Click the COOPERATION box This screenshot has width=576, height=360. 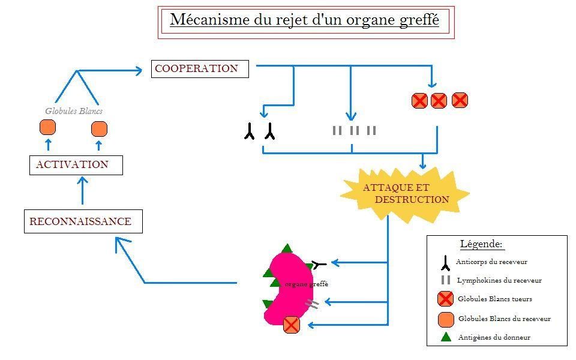click(200, 68)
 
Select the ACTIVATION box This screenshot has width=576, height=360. click(76, 165)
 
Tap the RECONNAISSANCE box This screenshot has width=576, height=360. click(83, 221)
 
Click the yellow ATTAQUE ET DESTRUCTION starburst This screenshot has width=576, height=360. click(405, 193)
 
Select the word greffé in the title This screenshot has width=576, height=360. click(418, 20)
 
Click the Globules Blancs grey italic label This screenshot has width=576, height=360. click(74, 111)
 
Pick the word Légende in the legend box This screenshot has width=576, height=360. click(481, 244)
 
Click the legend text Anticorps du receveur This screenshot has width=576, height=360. click(491, 262)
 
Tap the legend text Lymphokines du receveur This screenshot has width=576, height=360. click(499, 280)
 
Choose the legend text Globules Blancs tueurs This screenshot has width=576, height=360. click(494, 299)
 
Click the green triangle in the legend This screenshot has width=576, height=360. click(446, 337)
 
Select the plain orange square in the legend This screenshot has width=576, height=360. click(446, 318)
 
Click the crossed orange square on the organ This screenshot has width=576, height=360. click(291, 325)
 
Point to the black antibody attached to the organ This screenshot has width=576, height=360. click(319, 263)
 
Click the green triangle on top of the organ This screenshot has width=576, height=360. click(287, 248)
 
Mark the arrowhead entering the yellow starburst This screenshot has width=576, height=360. click(423, 165)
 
